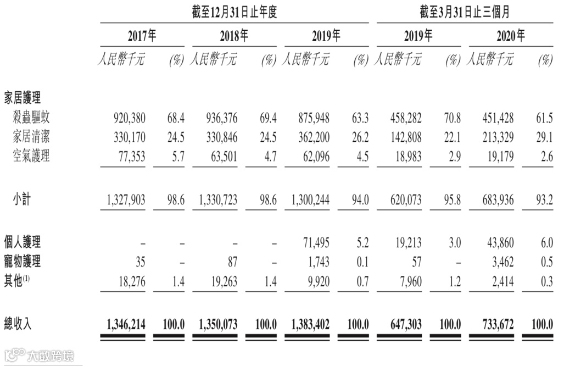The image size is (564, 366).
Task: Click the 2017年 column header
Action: [142, 37]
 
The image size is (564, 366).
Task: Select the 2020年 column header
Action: [510, 37]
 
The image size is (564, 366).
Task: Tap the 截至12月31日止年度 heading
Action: [234, 12]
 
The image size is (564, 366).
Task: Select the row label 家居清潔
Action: [31, 136]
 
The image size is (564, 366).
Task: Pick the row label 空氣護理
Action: [31, 156]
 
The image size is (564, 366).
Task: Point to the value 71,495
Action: [315, 241]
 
